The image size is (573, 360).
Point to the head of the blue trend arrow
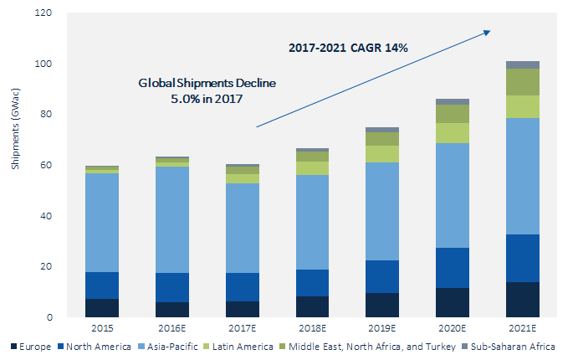489,32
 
